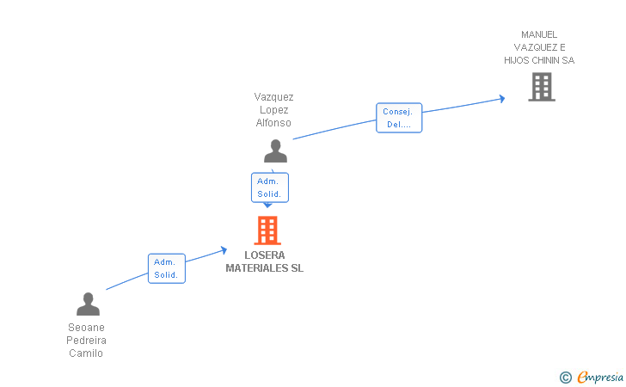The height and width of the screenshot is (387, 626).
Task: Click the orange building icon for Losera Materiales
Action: pyautogui.click(x=267, y=230)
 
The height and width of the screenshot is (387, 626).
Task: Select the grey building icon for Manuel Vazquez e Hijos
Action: pyautogui.click(x=541, y=87)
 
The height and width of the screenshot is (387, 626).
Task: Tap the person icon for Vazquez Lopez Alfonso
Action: pyautogui.click(x=275, y=151)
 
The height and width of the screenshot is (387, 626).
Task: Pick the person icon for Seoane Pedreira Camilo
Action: pyautogui.click(x=88, y=304)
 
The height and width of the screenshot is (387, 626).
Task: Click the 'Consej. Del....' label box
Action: pyautogui.click(x=398, y=118)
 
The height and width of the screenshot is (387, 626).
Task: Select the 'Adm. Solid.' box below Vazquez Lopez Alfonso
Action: pyautogui.click(x=269, y=187)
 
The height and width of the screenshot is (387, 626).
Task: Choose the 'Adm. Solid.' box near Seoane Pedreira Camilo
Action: pyautogui.click(x=166, y=268)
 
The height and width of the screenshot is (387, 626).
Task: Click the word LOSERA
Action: pyautogui.click(x=264, y=255)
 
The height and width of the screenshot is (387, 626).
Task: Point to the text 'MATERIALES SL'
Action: pyautogui.click(x=264, y=268)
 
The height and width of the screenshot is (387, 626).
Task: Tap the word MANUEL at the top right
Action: pyautogui.click(x=539, y=34)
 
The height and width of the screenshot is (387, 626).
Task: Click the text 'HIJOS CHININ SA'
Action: pyautogui.click(x=539, y=60)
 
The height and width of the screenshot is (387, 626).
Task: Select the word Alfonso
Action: pyautogui.click(x=273, y=123)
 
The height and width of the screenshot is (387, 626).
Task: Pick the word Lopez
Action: pyautogui.click(x=273, y=110)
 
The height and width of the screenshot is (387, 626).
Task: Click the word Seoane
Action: pyautogui.click(x=86, y=328)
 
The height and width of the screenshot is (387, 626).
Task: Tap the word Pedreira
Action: pyautogui.click(x=86, y=341)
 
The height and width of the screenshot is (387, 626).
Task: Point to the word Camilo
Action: pyautogui.click(x=86, y=353)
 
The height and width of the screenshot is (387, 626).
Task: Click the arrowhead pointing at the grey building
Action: pyautogui.click(x=501, y=99)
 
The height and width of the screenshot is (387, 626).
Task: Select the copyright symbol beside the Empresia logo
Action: pyautogui.click(x=565, y=377)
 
